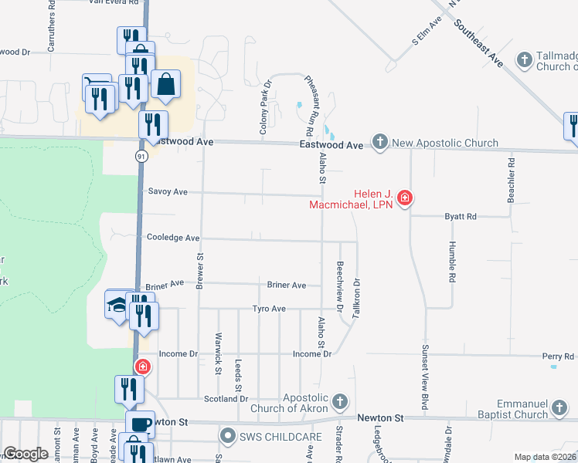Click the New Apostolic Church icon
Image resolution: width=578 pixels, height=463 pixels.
[x=379, y=143]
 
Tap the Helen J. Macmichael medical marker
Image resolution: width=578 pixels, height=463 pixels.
[x=404, y=199]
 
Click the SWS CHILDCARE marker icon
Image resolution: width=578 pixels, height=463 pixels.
[x=227, y=437]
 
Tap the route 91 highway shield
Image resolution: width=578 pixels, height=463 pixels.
[x=141, y=156]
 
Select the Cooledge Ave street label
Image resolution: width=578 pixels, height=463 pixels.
[x=173, y=238]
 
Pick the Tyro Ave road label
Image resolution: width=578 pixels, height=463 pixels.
[x=269, y=309]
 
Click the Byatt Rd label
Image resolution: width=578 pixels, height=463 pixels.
[x=461, y=217]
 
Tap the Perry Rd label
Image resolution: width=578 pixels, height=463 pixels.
[x=558, y=357]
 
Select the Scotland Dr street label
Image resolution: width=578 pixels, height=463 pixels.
[x=226, y=399]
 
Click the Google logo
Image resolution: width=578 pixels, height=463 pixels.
[x=26, y=454]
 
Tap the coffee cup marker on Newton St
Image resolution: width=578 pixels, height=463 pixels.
[x=141, y=424]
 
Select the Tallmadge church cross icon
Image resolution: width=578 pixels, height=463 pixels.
[x=524, y=59]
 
